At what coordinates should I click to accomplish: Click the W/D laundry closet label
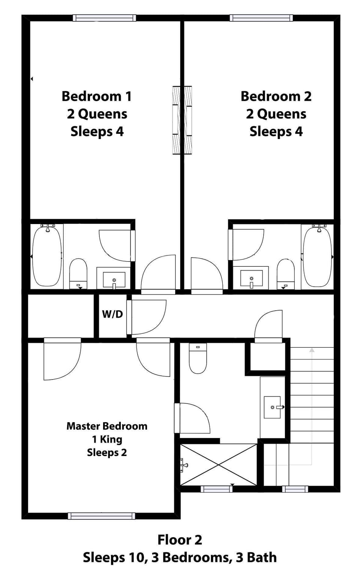pyautogui.click(x=112, y=314)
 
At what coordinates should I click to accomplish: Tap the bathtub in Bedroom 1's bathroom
pyautogui.click(x=47, y=257)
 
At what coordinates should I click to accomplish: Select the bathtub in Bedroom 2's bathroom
pyautogui.click(x=317, y=257)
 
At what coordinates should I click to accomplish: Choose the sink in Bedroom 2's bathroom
pyautogui.click(x=251, y=278)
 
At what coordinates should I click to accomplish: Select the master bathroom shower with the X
pyautogui.click(x=219, y=465)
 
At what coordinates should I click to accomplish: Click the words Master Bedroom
pyautogui.click(x=107, y=426)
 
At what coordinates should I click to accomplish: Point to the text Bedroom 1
pyautogui.click(x=97, y=96)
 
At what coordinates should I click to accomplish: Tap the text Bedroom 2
pyautogui.click(x=276, y=96)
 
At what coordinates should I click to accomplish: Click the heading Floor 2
pyautogui.click(x=180, y=540)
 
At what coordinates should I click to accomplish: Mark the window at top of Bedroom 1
pyautogui.click(x=104, y=18)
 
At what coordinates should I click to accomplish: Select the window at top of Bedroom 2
pyautogui.click(x=261, y=18)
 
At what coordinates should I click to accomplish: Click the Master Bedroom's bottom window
pyautogui.click(x=101, y=516)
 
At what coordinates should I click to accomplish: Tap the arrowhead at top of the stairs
pyautogui.click(x=312, y=350)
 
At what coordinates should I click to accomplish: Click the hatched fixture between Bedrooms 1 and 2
pyautogui.click(x=182, y=120)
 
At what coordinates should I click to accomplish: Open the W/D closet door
pyautogui.click(x=146, y=317)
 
